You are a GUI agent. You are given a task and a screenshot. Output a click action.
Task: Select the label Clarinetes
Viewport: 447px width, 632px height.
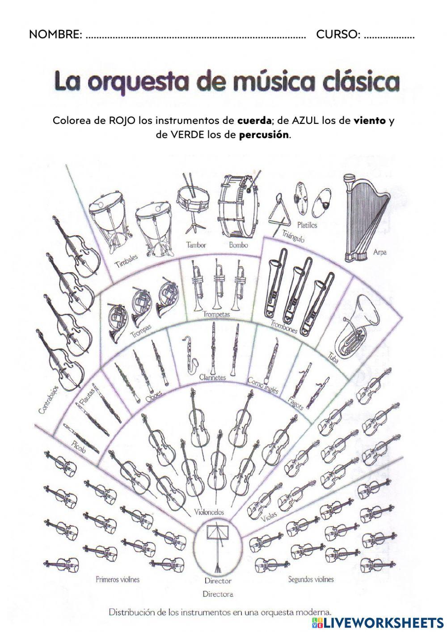(213, 377)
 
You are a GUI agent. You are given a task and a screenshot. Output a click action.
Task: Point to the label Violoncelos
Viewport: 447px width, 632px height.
(209, 512)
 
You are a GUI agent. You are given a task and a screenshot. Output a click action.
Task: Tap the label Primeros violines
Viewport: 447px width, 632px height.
(118, 579)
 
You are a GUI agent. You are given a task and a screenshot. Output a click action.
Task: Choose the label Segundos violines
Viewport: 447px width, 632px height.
(311, 579)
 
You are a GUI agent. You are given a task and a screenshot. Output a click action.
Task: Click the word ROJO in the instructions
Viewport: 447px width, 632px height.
(122, 121)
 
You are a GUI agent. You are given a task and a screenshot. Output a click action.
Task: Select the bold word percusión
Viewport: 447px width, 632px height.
(264, 135)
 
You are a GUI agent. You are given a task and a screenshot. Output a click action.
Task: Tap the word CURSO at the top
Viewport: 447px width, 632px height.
(338, 34)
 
